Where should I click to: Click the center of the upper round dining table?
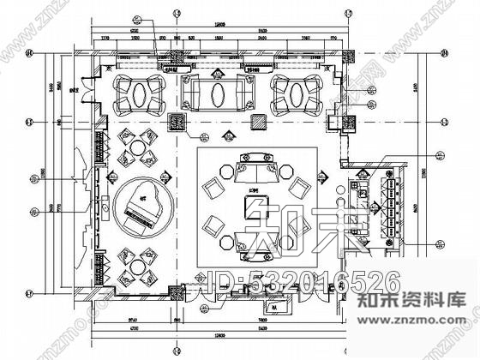[x=136, y=147]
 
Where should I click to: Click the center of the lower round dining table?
[x=136, y=266]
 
